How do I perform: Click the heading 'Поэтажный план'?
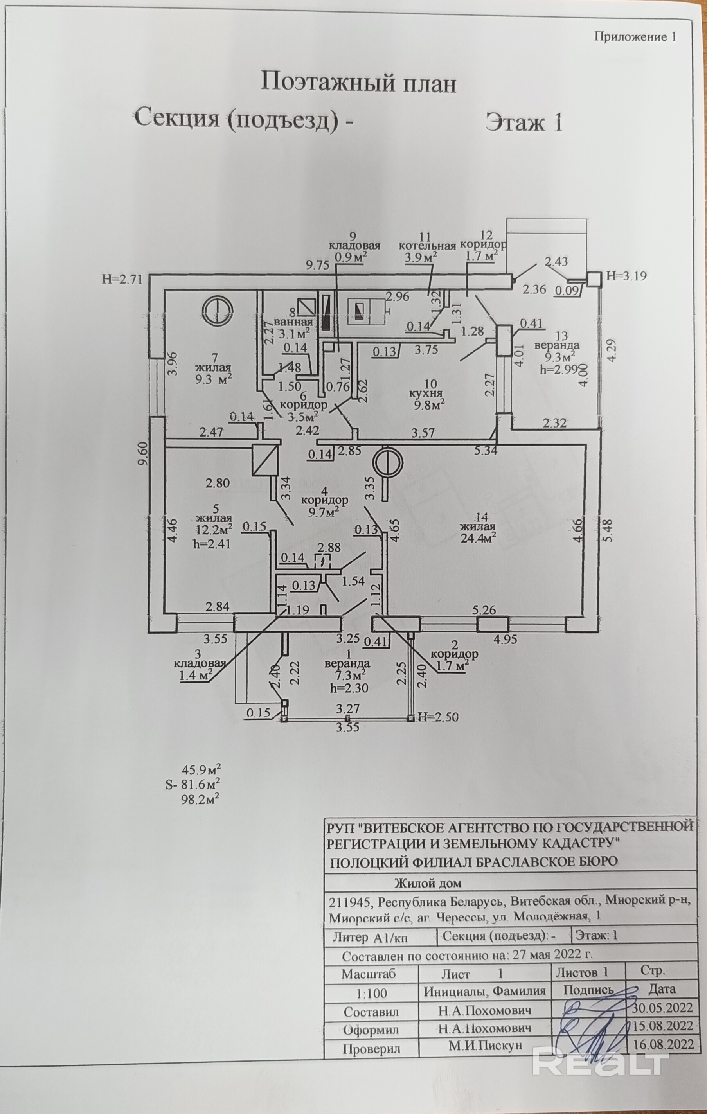coord(359,84)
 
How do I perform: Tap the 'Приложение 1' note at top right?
coord(635,38)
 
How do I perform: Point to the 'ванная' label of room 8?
coord(293,322)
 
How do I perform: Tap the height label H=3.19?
coord(626,276)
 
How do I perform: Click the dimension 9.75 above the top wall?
coord(317,265)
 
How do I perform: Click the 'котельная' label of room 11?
coord(427,246)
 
